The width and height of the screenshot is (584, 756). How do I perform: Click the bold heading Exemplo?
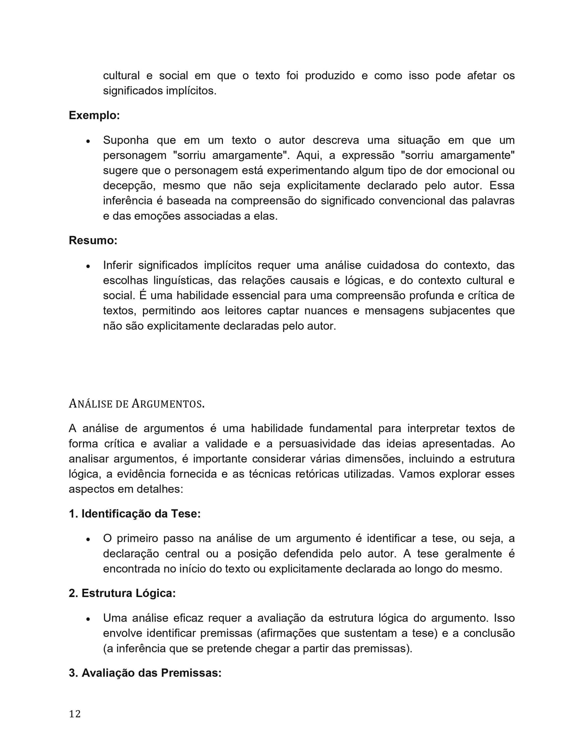coord(94,115)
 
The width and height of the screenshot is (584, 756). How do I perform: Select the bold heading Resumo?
coord(93,240)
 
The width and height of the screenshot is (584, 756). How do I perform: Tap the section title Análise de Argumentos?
coord(137,403)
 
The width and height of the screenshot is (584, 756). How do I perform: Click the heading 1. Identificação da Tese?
coord(135,513)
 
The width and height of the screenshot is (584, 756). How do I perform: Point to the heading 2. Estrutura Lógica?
coord(122,593)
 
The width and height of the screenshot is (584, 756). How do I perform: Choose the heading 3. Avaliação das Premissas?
coord(145,673)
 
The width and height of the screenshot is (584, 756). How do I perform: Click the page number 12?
coord(75,714)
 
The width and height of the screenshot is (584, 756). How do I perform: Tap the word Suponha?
coord(126,140)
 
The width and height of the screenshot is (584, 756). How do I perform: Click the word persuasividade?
coord(311,443)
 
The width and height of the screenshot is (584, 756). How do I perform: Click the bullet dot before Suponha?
coord(88,141)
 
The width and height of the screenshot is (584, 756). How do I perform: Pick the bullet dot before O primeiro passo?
coord(88,539)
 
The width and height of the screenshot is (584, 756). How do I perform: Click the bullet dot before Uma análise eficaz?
coord(88,619)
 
